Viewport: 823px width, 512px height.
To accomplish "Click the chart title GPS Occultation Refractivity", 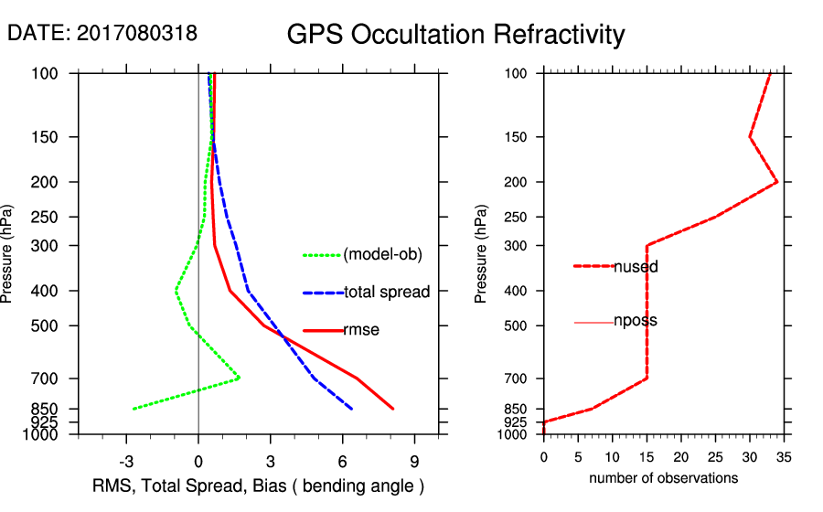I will click(x=455, y=35).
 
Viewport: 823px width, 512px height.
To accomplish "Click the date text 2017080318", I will click(x=136, y=34).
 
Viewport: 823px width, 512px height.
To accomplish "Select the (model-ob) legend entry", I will click(x=382, y=255).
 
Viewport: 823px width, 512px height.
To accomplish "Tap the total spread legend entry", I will click(x=387, y=293).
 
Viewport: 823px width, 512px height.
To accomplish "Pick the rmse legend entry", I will click(x=360, y=330).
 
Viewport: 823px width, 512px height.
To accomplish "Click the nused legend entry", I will click(x=636, y=267).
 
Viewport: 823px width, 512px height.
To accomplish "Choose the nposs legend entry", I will click(x=635, y=321).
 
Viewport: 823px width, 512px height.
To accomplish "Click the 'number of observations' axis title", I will click(x=663, y=478).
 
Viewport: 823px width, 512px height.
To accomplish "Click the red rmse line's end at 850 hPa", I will click(x=393, y=409).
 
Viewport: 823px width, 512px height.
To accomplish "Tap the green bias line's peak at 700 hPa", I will click(x=240, y=378).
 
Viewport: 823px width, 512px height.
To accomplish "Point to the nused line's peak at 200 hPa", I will click(x=777, y=182).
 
